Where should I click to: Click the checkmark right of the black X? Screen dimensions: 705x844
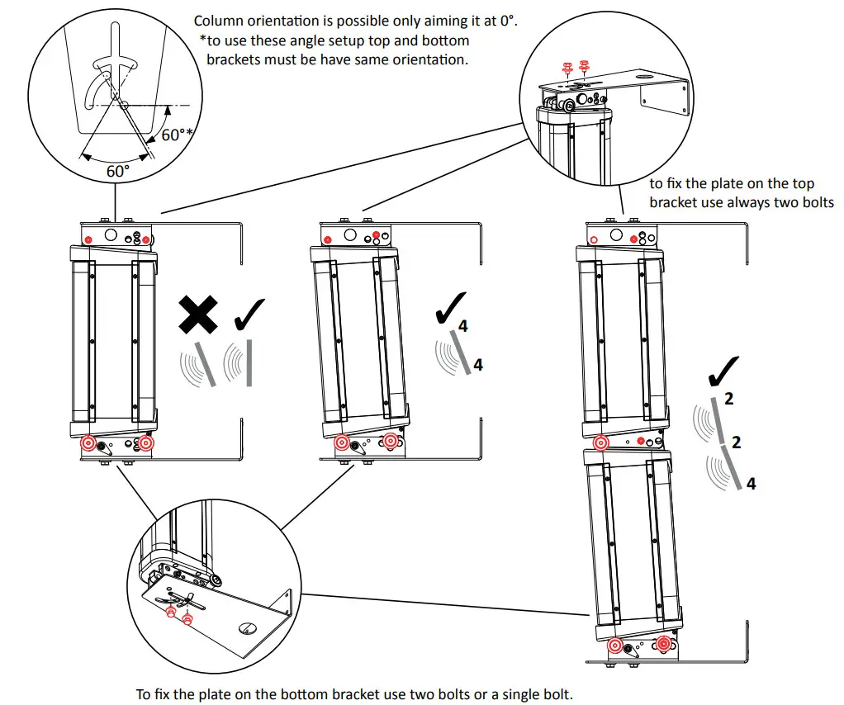(250, 315)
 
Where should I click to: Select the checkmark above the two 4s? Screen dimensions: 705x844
(450, 306)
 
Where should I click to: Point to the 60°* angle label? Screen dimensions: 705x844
(176, 135)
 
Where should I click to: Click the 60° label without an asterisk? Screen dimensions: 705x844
(117, 172)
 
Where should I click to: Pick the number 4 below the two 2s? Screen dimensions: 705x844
(751, 484)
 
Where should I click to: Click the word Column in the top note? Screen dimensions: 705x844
(219, 21)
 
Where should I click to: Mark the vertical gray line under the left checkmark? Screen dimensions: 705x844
(248, 363)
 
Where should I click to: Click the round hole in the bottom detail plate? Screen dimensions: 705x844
(245, 629)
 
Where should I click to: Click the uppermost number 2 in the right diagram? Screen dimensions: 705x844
(728, 398)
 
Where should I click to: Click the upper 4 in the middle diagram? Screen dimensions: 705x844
(462, 326)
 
